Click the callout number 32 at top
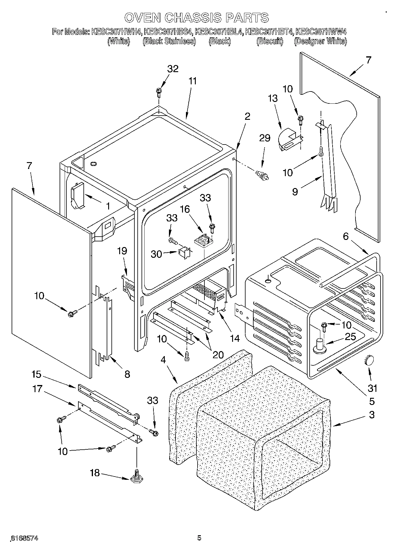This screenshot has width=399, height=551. (173, 69)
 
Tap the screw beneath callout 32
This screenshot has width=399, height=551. (159, 92)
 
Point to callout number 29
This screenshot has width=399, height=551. (265, 138)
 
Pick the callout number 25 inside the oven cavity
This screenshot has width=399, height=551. (350, 337)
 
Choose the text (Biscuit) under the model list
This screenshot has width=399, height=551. (270, 41)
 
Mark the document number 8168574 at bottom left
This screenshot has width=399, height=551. (24, 538)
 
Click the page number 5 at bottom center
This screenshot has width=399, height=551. (199, 538)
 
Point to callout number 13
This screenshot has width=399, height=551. (272, 98)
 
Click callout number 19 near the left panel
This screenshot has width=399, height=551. (122, 251)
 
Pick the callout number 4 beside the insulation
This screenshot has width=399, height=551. (163, 360)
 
